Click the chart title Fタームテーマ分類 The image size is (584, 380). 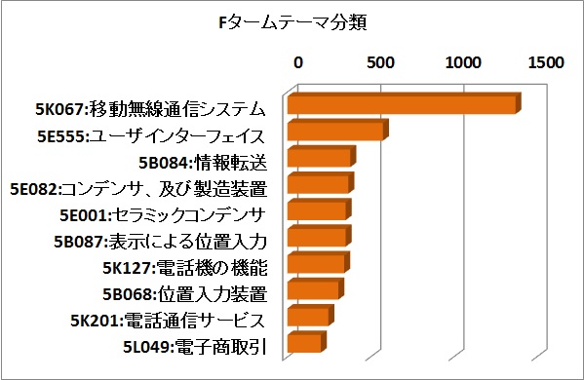point(292,19)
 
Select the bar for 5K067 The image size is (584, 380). point(402,105)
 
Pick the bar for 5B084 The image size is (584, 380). point(319,158)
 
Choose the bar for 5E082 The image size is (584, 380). point(318,184)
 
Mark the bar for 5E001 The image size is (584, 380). point(317,211)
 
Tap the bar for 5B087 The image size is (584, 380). point(317,238)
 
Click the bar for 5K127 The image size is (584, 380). point(316,264)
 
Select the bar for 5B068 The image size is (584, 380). point(313,290)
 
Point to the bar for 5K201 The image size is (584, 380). point(308,317)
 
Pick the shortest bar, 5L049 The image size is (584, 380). point(304,343)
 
